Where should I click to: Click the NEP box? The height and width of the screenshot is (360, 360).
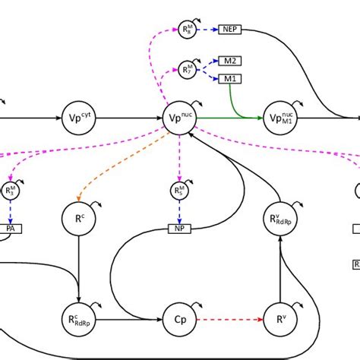click(x=229, y=30)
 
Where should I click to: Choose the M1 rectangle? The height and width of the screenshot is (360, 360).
click(x=229, y=79)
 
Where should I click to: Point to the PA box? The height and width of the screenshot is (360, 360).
click(x=10, y=227)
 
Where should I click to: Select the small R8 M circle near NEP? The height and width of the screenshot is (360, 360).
click(x=187, y=30)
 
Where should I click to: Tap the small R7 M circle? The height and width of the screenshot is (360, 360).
click(x=187, y=70)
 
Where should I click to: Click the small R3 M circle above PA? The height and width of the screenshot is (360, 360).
click(x=10, y=191)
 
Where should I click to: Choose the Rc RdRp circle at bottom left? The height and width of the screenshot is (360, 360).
click(x=79, y=320)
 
